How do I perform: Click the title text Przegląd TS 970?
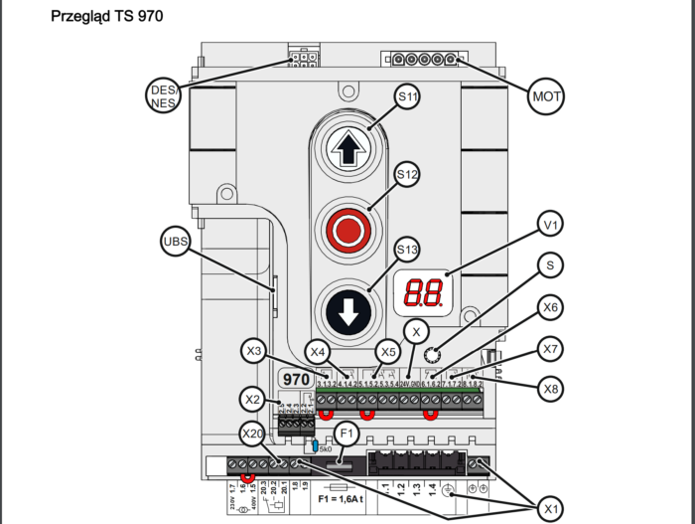(106, 17)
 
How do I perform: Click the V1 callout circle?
(553, 226)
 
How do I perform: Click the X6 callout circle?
(552, 308)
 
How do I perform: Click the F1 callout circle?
(346, 433)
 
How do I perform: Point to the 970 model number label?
(296, 380)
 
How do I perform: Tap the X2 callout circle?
(254, 399)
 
